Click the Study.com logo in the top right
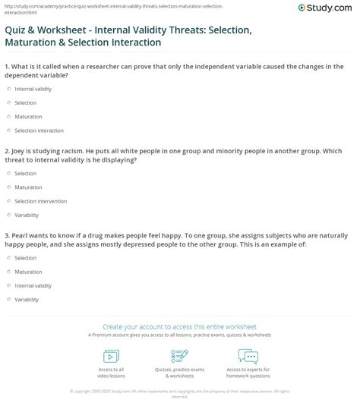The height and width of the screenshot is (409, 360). pos(328,8)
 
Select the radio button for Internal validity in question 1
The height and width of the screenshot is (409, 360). pos(9,88)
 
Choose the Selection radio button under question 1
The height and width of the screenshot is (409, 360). pos(9,102)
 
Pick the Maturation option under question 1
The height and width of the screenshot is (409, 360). pos(9,116)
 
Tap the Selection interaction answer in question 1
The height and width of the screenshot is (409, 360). pos(9,131)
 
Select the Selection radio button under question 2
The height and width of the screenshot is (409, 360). pos(9,172)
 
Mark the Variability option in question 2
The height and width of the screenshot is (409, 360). pos(9,215)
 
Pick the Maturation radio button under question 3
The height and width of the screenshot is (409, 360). pos(9,271)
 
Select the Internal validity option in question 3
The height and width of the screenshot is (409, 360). pos(9,285)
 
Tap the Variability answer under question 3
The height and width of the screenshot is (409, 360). pos(9,299)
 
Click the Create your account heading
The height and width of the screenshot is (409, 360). pos(179,325)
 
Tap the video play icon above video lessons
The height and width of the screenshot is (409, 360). pos(112,355)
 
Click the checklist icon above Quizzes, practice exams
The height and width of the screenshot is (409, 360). pos(179,355)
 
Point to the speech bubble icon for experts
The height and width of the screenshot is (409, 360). pos(248,355)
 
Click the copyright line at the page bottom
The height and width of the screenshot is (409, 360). pos(179,392)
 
